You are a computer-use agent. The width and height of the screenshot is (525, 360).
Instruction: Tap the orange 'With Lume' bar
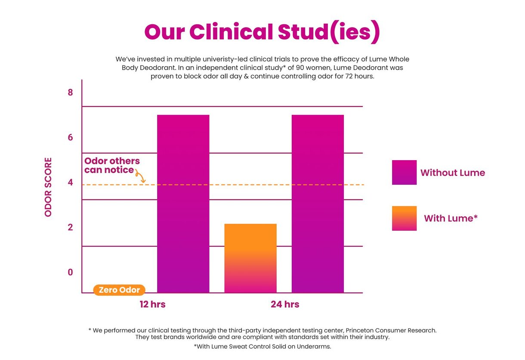250,258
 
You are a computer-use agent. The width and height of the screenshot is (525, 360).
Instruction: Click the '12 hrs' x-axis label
152,304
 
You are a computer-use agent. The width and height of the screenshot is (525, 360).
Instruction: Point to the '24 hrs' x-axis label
285,304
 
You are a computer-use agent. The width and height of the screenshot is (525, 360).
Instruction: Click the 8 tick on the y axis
71,93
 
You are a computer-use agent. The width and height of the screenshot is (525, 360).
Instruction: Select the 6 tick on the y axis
71,137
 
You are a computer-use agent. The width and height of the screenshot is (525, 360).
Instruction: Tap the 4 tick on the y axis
71,182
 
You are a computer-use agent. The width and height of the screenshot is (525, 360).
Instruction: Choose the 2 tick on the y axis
71,227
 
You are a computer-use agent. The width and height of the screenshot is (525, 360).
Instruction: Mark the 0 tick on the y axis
71,272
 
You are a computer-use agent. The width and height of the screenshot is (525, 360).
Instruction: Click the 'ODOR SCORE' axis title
48,187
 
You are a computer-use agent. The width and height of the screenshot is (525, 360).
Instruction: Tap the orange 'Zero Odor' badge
119,290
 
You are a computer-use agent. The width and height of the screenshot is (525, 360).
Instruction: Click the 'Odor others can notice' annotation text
111,165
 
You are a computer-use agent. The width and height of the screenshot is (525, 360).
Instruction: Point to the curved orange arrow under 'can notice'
140,176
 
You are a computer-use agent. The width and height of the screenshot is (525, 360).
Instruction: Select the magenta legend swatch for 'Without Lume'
404,172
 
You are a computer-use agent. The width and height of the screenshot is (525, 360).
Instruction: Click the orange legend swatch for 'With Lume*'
404,218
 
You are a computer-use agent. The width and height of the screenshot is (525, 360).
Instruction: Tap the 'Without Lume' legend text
452,173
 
